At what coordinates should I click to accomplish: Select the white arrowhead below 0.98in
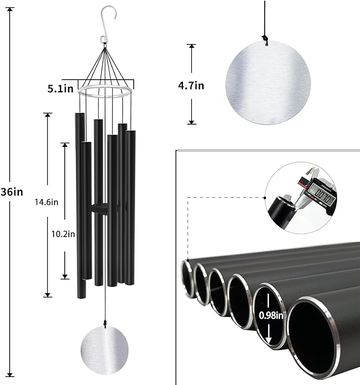[x=269, y=340]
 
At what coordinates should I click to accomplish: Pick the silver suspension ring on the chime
[x=106, y=92]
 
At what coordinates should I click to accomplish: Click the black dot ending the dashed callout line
[x=265, y=197]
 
